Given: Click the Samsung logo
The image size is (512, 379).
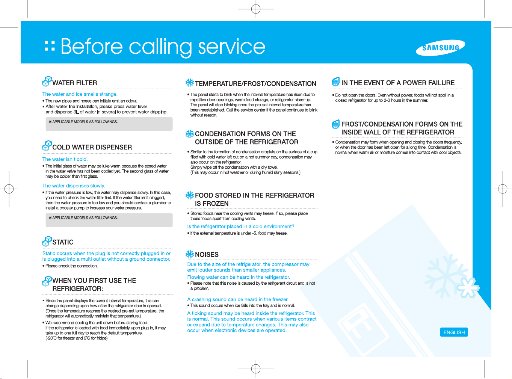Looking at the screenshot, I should (440, 48).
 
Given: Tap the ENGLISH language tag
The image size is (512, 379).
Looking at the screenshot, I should (454, 332).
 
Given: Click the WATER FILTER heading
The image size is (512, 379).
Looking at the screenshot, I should (75, 83).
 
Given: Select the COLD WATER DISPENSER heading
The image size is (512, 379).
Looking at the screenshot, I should (92, 147).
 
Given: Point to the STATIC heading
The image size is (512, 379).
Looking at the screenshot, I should (63, 242).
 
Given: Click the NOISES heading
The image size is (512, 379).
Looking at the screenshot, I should (207, 255).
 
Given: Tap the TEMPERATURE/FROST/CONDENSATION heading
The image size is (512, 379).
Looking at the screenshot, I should (255, 84).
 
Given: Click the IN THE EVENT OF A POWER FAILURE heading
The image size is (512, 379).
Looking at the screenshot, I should (398, 83).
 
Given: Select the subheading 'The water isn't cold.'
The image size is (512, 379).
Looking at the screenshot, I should (65, 159).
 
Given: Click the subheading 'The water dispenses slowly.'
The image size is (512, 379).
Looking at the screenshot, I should (74, 186).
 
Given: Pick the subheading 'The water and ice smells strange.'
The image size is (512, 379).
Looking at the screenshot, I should (80, 94).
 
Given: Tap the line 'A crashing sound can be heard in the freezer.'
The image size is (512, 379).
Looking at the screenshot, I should (238, 299).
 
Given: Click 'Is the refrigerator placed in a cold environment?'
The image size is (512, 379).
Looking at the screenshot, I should (241, 226).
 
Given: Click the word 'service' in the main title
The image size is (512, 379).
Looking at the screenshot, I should (232, 47).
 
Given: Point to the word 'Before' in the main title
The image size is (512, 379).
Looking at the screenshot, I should (92, 47).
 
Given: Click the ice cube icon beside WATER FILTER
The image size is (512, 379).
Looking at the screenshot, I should (47, 82).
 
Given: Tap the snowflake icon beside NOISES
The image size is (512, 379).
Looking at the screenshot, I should (190, 254).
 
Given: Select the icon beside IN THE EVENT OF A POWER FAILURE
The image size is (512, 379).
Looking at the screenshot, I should (335, 82).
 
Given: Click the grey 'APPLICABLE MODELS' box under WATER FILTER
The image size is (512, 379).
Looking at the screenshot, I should (109, 124).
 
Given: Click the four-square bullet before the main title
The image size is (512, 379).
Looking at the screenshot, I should (50, 46).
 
